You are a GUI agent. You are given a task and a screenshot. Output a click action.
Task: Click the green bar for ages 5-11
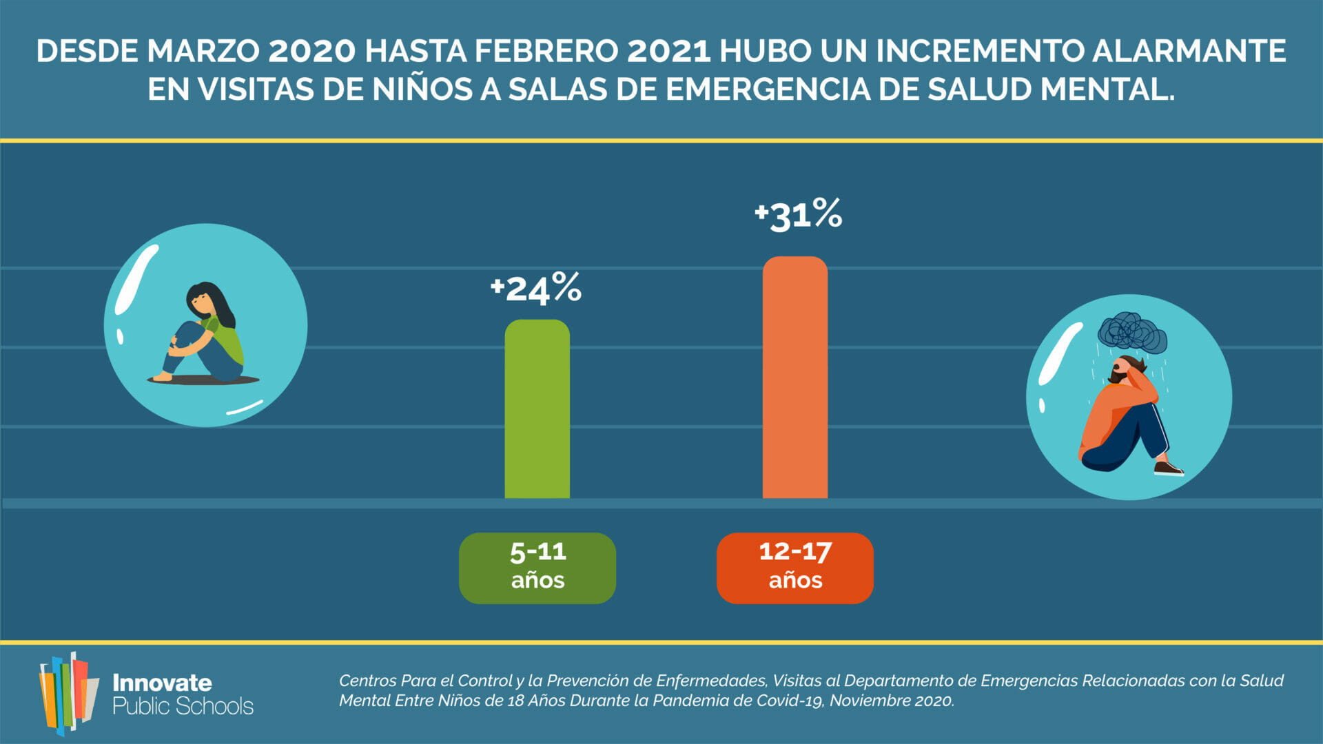pyautogui.click(x=537, y=410)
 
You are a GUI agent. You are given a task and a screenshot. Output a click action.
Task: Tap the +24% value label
pyautogui.click(x=536, y=288)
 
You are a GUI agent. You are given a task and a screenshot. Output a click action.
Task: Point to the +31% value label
pyautogui.click(x=798, y=214)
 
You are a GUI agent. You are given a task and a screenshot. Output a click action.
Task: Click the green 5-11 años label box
pyautogui.click(x=537, y=568)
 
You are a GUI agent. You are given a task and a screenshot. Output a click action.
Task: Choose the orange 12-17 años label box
pyautogui.click(x=794, y=568)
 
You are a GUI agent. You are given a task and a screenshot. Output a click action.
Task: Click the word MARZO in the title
pyautogui.click(x=203, y=52)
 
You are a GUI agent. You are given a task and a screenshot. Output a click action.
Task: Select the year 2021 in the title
pyautogui.click(x=668, y=52)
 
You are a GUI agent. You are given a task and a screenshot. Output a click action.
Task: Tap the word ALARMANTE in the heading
pyautogui.click(x=1189, y=52)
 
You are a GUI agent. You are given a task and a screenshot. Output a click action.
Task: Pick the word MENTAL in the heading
pyautogui.click(x=1107, y=90)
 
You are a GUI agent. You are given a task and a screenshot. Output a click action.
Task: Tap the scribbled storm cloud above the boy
pyautogui.click(x=1131, y=333)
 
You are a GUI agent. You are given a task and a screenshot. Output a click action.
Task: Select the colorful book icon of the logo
pyautogui.click(x=68, y=692)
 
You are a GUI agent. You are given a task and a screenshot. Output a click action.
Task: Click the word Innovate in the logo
pyautogui.click(x=162, y=683)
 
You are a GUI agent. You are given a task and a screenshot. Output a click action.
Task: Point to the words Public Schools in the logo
pyautogui.click(x=183, y=707)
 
